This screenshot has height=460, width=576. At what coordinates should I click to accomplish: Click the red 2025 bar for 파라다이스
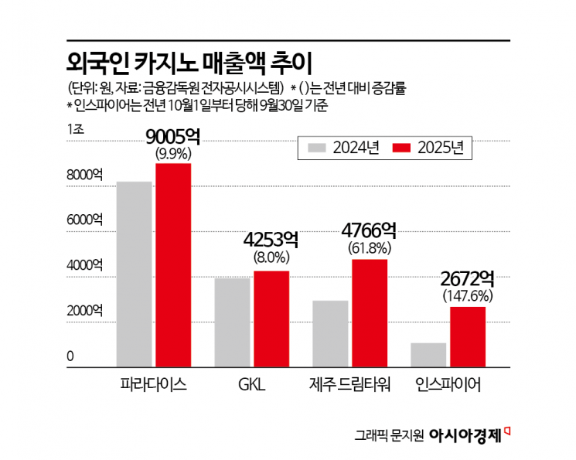(x=173, y=265)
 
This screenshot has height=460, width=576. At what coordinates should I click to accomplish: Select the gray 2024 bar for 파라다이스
(x=134, y=274)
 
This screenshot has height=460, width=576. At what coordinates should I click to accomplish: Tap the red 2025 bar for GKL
(x=271, y=319)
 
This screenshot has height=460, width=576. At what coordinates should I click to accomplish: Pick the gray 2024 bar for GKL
(x=232, y=323)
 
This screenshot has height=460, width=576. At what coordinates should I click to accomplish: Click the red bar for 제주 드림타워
(x=370, y=313)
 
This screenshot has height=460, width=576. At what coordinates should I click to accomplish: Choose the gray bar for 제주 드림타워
(x=330, y=334)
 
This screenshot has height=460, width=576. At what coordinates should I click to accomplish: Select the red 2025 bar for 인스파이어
(x=468, y=337)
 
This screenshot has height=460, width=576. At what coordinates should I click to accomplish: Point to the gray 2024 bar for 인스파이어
(x=428, y=355)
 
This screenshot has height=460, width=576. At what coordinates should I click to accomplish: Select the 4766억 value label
(x=370, y=230)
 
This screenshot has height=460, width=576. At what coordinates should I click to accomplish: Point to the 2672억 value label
(x=468, y=278)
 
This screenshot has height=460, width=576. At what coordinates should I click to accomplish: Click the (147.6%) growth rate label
(x=468, y=295)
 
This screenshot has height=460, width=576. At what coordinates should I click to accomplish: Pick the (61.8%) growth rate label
(x=370, y=248)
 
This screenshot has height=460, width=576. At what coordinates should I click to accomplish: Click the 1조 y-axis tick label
(x=75, y=129)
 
